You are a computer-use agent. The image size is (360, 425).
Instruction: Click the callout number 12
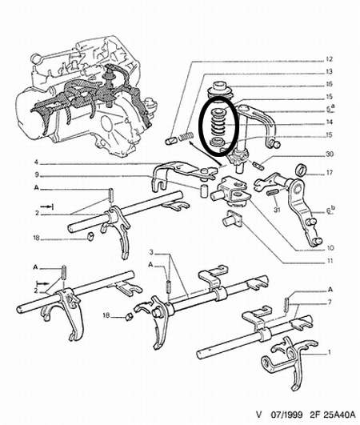point(329,59)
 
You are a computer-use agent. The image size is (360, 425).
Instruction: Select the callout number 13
point(329,72)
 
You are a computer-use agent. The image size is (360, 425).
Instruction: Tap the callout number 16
point(329,84)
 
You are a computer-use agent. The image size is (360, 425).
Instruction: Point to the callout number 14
point(329,122)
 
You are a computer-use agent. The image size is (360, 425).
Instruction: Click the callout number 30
point(330,154)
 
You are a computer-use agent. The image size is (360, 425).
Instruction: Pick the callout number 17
point(330,172)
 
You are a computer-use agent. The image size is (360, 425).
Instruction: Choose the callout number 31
point(277,210)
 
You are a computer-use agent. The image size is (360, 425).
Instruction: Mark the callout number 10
point(330,248)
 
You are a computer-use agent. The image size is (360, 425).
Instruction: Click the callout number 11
point(330,261)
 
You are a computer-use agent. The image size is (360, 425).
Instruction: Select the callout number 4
point(36,162)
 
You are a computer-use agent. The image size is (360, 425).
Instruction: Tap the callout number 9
point(37,175)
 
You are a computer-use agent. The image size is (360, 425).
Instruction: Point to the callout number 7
point(330,302)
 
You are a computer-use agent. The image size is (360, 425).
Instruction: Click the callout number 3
point(152,253)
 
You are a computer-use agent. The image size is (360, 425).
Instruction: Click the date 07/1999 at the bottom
point(286,415)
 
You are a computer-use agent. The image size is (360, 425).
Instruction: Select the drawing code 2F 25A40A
point(331,415)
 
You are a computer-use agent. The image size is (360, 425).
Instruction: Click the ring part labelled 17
point(302,169)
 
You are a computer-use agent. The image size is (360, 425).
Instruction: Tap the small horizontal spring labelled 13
point(186,136)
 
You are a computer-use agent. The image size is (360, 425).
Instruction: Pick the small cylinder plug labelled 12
point(171,141)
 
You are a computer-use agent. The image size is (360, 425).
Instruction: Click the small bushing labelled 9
point(204,190)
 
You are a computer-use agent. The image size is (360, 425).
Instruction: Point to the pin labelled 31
point(273,192)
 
